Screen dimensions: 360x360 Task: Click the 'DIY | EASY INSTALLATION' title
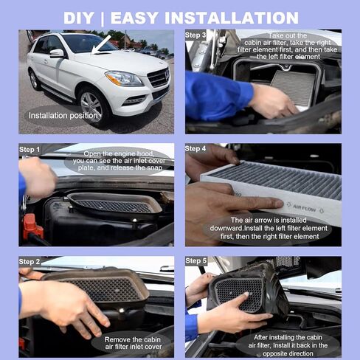(180, 17)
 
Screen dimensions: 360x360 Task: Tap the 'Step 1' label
(30, 149)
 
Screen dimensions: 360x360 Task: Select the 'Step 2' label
(30, 261)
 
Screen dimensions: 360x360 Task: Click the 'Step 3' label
(195, 35)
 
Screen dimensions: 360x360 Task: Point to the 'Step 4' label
(195, 149)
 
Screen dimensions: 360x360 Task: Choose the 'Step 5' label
(195, 261)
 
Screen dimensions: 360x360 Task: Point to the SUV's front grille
(157, 77)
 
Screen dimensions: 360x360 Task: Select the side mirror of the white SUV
(56, 53)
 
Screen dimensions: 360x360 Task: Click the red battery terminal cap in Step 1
(32, 225)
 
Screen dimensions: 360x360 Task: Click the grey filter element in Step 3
(293, 86)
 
